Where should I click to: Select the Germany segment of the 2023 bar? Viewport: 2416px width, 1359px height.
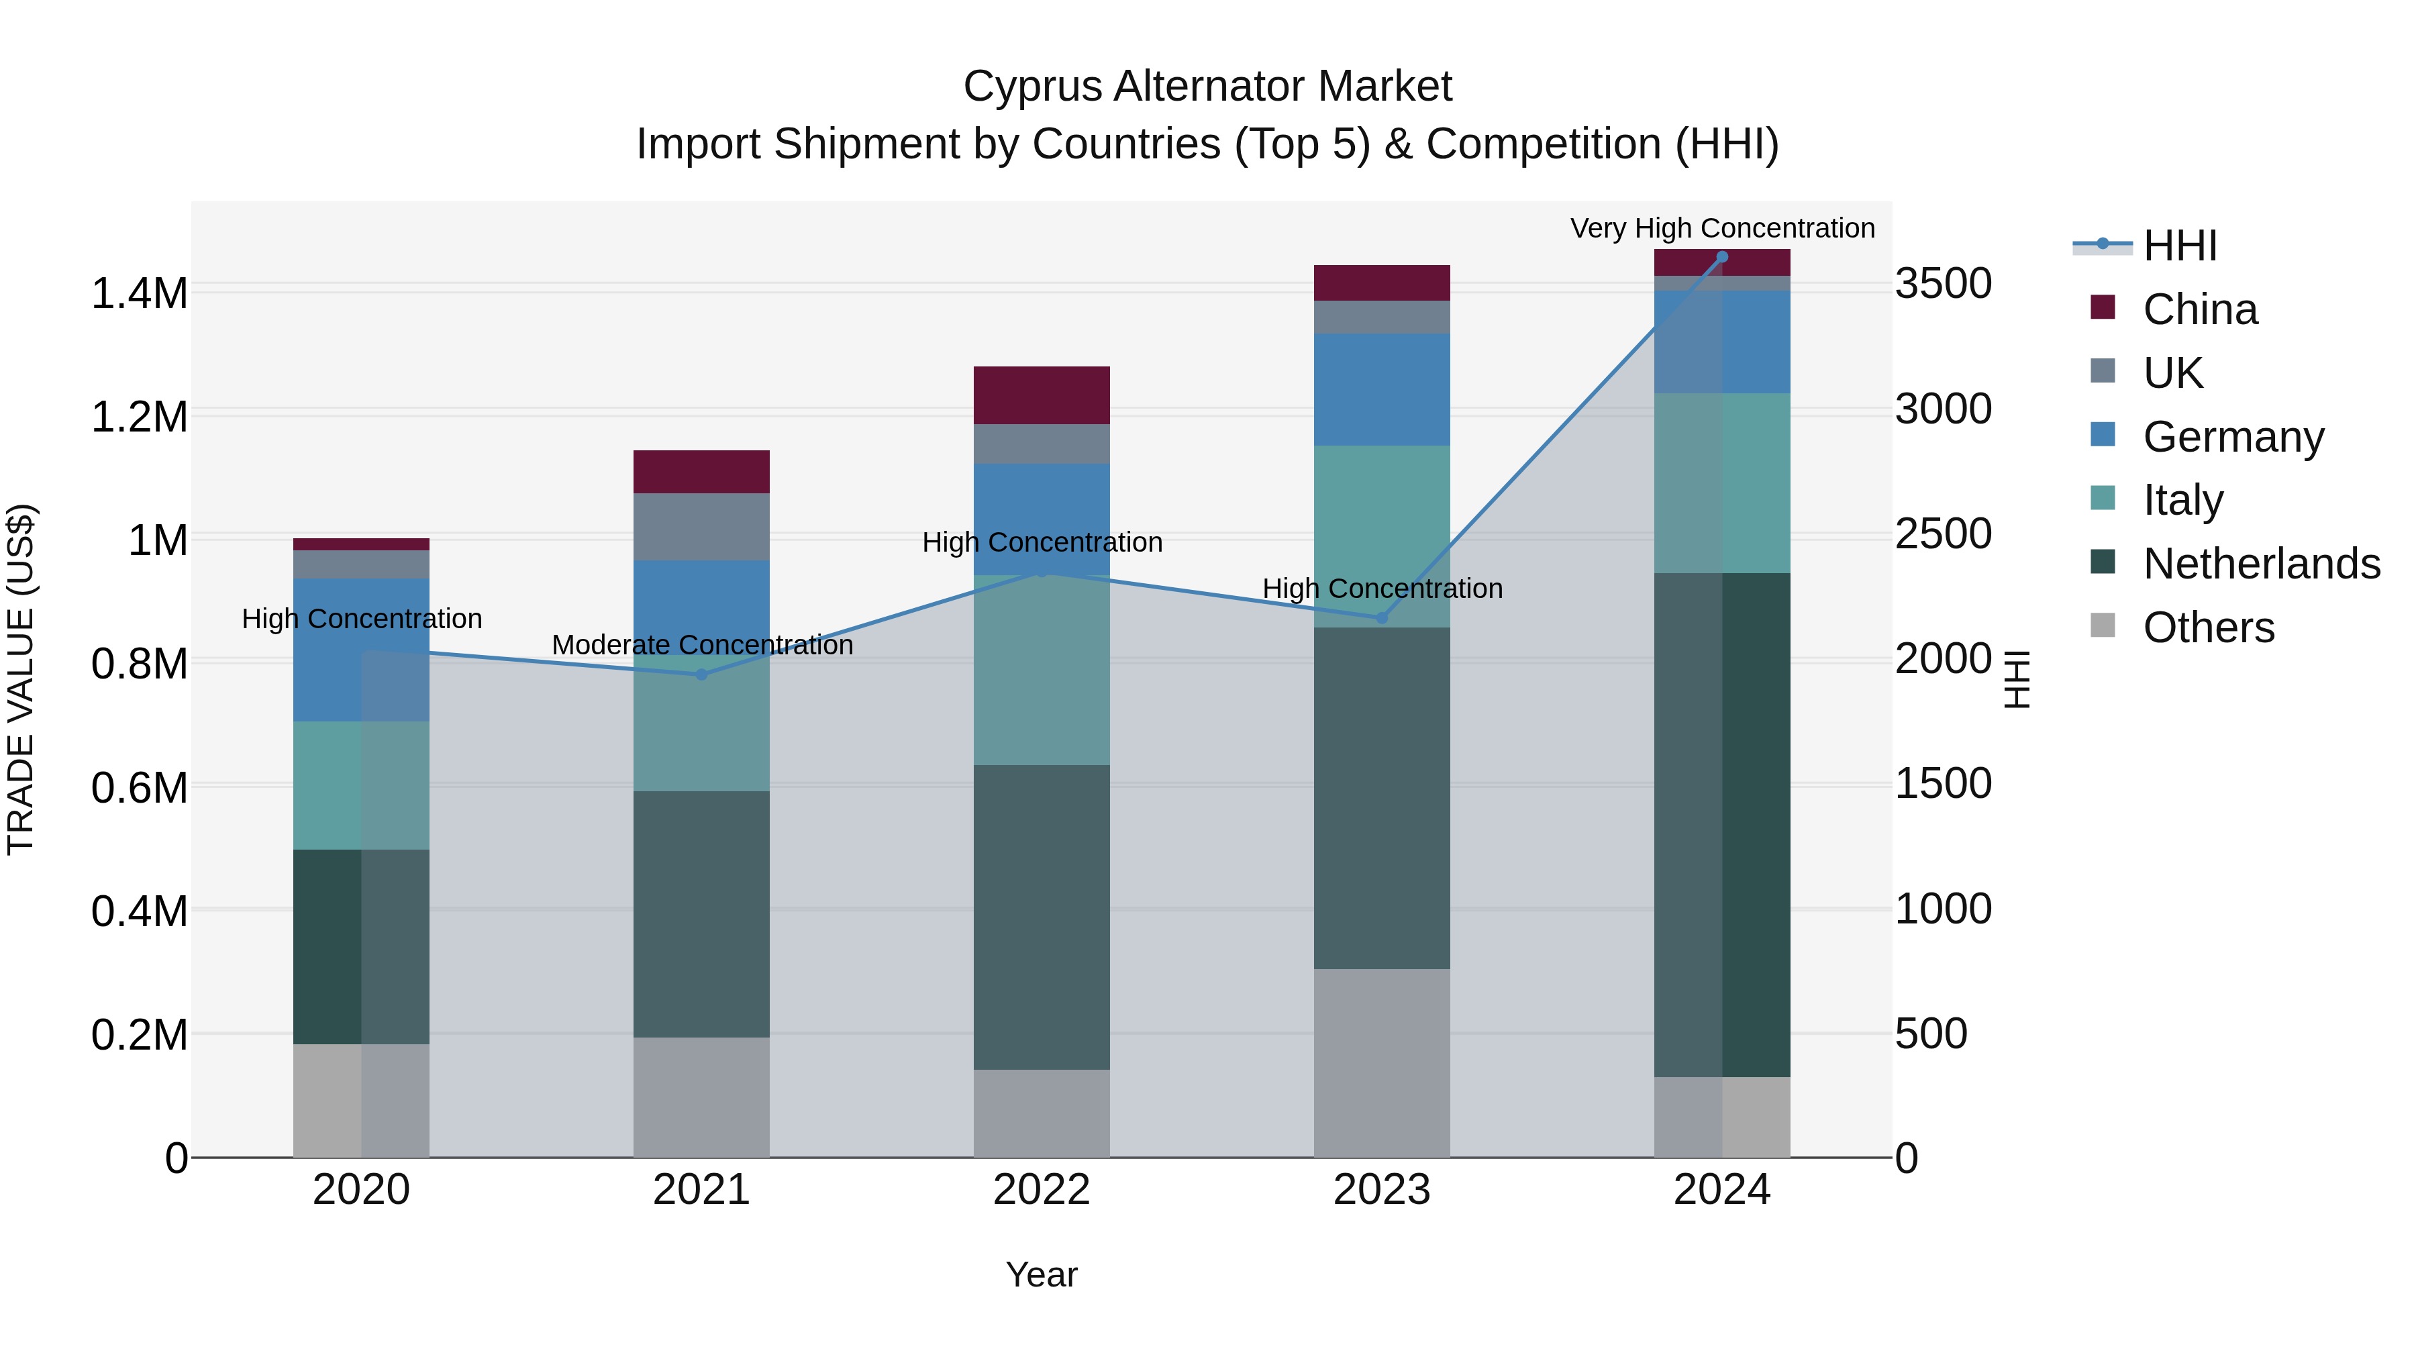pyautogui.click(x=1382, y=389)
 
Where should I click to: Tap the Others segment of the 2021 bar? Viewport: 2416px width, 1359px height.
pyautogui.click(x=701, y=1097)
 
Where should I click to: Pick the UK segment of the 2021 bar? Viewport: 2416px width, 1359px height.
pyautogui.click(x=701, y=526)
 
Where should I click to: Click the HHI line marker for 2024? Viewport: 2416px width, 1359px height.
pyautogui.click(x=1722, y=257)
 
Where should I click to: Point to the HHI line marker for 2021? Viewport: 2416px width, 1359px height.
pyautogui.click(x=701, y=674)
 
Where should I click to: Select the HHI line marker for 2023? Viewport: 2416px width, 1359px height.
pyautogui.click(x=1382, y=618)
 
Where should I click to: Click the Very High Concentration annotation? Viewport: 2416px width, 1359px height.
pyautogui.click(x=1722, y=228)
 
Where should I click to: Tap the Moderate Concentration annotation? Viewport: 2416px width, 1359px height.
pyautogui.click(x=701, y=645)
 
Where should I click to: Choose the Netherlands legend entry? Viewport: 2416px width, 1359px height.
pyautogui.click(x=2260, y=564)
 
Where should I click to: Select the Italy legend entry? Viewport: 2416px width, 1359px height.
pyautogui.click(x=2182, y=500)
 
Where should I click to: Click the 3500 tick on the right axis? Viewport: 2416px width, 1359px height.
pyautogui.click(x=1944, y=283)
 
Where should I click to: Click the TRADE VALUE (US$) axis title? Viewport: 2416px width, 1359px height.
pyautogui.click(x=21, y=679)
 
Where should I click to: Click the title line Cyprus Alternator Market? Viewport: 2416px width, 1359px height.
pyautogui.click(x=1207, y=87)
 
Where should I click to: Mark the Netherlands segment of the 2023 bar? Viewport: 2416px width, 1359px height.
pyautogui.click(x=1382, y=797)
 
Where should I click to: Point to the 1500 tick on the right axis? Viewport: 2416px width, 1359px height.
pyautogui.click(x=1944, y=783)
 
